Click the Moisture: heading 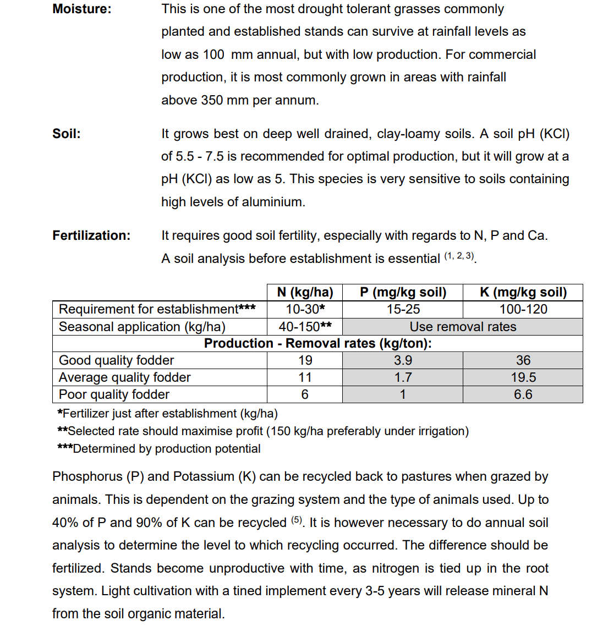point(81,9)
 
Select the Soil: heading point(66,134)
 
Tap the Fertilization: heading point(91,235)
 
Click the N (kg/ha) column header point(305,292)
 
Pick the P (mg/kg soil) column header point(403,292)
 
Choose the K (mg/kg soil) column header point(523,292)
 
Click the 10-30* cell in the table point(305,309)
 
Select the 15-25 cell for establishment point(403,309)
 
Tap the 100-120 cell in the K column point(523,309)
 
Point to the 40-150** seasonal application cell point(305,327)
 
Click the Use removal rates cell point(463,327)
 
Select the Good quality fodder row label point(116,360)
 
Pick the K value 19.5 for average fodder point(523,377)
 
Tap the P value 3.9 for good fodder point(403,360)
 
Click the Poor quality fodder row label point(114,394)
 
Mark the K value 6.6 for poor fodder point(523,394)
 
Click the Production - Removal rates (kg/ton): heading point(317,343)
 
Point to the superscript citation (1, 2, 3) point(459,256)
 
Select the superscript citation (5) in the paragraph point(297,520)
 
